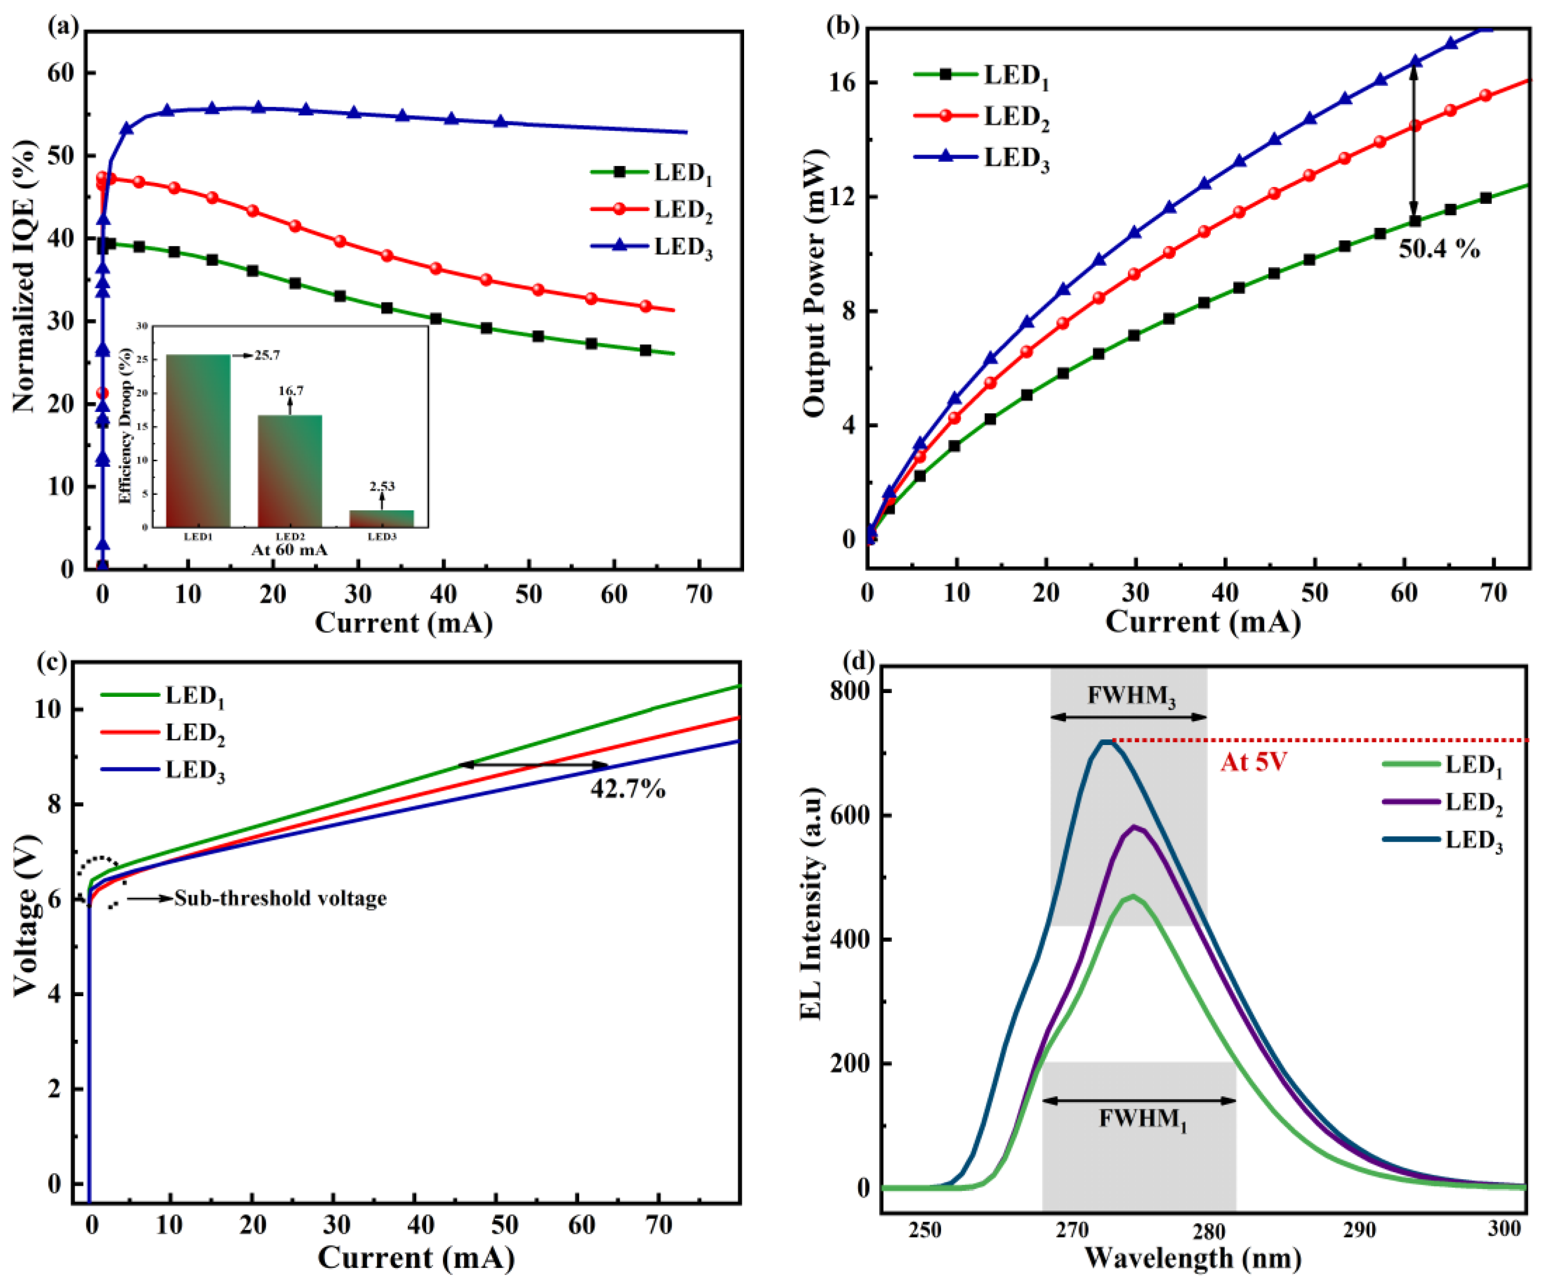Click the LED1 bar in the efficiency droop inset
198,441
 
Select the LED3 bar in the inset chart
382,519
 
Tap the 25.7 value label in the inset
267,355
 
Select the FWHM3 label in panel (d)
1131,696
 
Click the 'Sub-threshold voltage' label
281,898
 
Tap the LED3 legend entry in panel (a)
652,247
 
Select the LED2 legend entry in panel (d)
1443,802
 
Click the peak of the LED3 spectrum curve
1106,742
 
